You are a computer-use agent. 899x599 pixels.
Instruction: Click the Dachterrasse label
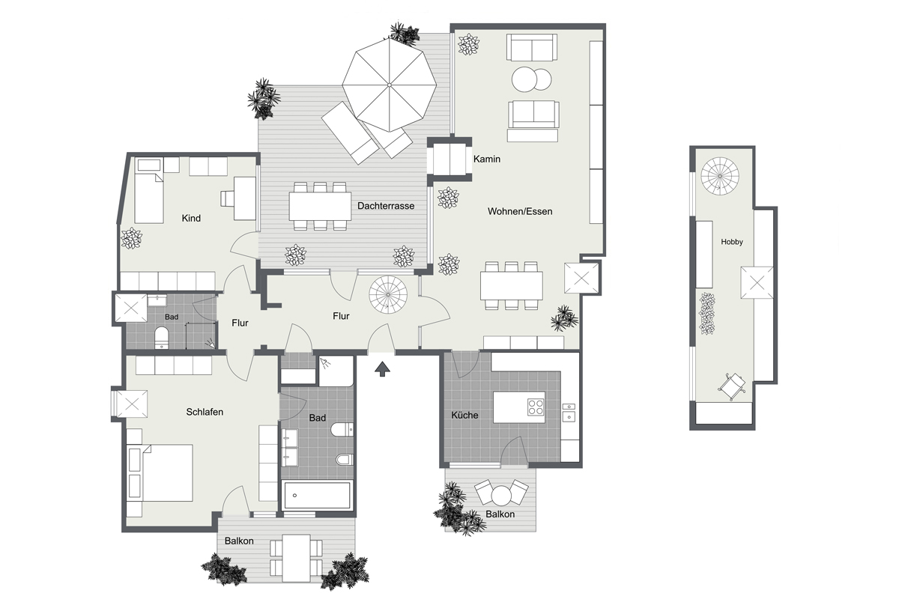coord(386,206)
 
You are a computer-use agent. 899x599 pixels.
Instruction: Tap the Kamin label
coord(487,159)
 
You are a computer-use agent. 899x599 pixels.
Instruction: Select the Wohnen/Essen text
coord(520,211)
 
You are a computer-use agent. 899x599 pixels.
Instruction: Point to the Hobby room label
coord(732,242)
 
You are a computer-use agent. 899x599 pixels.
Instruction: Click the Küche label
coord(464,416)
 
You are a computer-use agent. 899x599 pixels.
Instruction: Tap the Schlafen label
coord(205,412)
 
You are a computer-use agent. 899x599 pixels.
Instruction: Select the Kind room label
coord(191,218)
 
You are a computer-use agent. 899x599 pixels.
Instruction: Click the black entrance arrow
coord(382,369)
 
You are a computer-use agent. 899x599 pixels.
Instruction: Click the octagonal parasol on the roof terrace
coord(389,85)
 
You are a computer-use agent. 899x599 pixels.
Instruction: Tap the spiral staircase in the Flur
coord(388,294)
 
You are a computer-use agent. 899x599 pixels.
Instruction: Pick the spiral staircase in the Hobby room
coord(720,176)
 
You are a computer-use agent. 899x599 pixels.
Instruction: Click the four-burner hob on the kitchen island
coord(536,407)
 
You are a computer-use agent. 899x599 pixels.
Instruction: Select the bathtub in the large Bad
coord(317,495)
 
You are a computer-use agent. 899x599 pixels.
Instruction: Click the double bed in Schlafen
coord(160,472)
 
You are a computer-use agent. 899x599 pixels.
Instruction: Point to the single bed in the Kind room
coord(149,198)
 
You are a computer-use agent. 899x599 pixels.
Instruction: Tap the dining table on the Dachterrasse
coord(320,206)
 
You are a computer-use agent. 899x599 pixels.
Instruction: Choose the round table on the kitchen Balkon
coord(501,496)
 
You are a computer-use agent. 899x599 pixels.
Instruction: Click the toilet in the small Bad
coord(161,336)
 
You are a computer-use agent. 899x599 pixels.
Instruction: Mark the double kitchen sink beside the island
coord(569,413)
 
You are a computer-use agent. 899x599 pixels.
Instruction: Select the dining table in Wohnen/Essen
coord(511,286)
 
